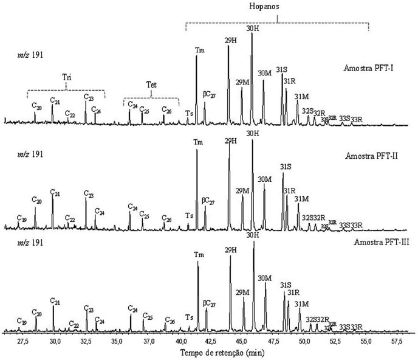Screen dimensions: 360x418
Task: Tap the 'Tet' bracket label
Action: [151, 86]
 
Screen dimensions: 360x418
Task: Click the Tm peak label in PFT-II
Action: [197, 142]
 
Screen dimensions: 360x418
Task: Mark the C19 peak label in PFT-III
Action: [22, 321]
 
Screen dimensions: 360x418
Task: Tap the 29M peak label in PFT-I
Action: [242, 82]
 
